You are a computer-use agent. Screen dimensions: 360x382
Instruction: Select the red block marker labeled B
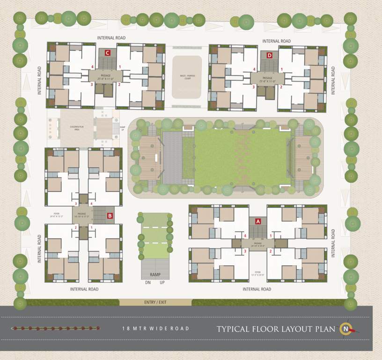[110, 216]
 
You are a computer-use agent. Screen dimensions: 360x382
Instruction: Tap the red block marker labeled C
[108, 53]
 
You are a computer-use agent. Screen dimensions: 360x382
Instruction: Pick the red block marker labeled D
[269, 56]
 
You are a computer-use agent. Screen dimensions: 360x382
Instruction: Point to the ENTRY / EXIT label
[155, 302]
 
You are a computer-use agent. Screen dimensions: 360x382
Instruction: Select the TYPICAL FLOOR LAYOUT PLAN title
[276, 329]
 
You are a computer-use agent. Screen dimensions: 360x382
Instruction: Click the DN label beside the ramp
[147, 283]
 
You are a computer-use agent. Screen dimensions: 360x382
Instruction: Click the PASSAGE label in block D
[267, 78]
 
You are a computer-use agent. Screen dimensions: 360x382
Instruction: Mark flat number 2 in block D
[281, 87]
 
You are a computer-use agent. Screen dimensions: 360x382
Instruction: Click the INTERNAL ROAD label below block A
[257, 289]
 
